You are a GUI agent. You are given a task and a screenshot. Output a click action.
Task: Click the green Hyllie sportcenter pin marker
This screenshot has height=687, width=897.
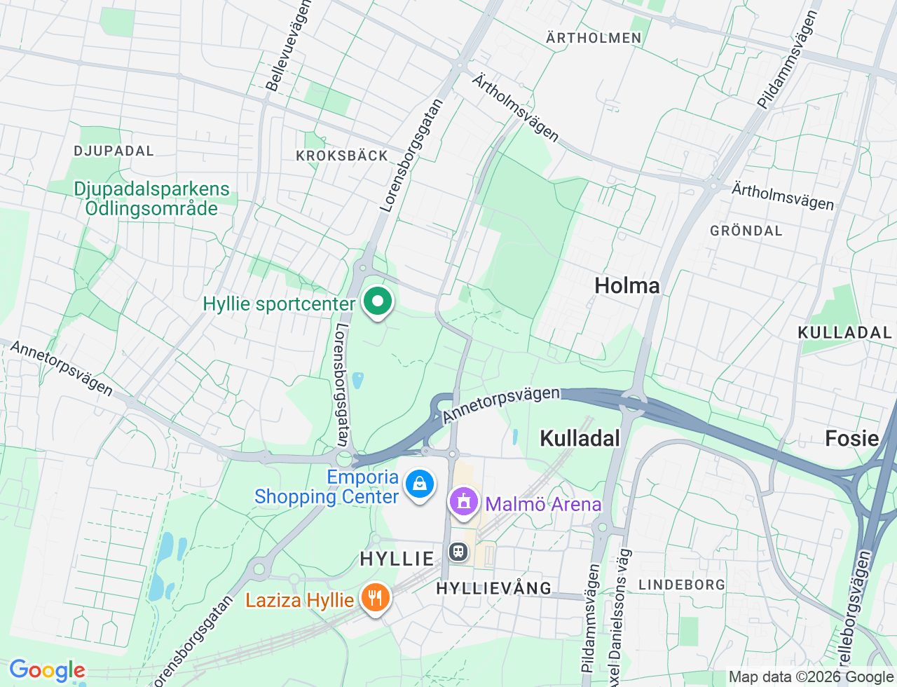[x=378, y=303]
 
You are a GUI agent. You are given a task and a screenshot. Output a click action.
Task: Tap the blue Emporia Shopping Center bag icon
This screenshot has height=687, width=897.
[x=419, y=484]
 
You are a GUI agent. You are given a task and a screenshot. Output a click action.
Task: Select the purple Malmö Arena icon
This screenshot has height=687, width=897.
[x=463, y=502]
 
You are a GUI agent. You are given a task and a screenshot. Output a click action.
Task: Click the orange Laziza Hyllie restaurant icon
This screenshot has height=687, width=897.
[x=375, y=598]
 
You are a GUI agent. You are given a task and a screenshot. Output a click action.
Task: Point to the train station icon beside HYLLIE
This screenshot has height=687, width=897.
[x=458, y=552]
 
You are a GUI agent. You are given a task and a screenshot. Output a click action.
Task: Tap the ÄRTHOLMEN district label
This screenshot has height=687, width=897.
[x=594, y=38]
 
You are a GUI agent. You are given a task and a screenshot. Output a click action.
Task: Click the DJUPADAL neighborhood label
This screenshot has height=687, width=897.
[x=114, y=151]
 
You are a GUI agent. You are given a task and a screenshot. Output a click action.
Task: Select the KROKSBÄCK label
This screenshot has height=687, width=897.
[x=342, y=156]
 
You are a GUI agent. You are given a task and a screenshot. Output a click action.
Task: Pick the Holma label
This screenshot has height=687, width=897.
[x=626, y=285]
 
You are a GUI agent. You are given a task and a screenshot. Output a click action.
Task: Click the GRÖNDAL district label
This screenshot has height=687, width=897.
[x=746, y=231]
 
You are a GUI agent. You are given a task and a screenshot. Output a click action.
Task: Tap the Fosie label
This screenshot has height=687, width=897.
[x=851, y=438]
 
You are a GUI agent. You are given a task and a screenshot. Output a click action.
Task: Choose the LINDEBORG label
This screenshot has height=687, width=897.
[x=681, y=585]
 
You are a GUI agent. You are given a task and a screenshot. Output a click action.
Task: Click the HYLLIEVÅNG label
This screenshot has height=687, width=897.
[x=494, y=588]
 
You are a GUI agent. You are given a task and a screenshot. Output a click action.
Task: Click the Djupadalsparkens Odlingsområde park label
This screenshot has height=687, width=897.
[x=151, y=198]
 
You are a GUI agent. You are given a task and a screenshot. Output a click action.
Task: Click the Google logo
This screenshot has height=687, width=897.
[x=47, y=671]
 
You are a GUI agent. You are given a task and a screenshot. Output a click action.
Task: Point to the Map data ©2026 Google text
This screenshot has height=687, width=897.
[x=811, y=676]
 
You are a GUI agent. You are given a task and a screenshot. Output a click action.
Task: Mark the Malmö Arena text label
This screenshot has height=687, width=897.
[x=543, y=504]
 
